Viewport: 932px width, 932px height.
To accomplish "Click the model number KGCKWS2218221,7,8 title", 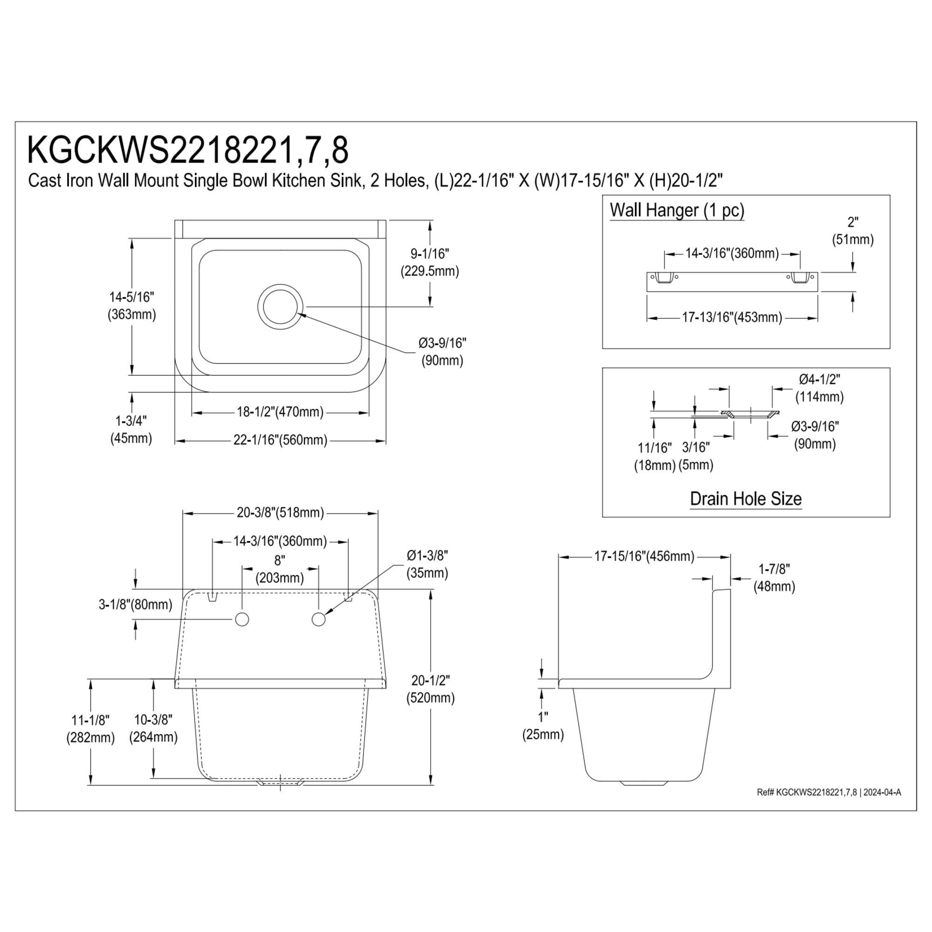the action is tap(188, 151).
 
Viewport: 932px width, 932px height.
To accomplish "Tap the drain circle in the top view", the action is tap(280, 306).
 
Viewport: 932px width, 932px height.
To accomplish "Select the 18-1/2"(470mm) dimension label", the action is tap(280, 412).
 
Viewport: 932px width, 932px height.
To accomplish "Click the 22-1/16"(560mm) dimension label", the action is tap(280, 440).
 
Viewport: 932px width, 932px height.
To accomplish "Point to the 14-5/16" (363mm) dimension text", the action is tap(132, 305).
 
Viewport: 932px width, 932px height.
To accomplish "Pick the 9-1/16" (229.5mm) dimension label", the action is tap(430, 262).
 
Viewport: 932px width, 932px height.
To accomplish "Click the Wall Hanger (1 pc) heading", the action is tap(677, 210).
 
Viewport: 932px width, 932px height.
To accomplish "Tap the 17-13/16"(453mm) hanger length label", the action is tap(732, 317).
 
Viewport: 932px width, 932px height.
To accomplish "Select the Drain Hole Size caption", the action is tap(746, 498).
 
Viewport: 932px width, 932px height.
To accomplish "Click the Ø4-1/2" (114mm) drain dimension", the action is tap(820, 388).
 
